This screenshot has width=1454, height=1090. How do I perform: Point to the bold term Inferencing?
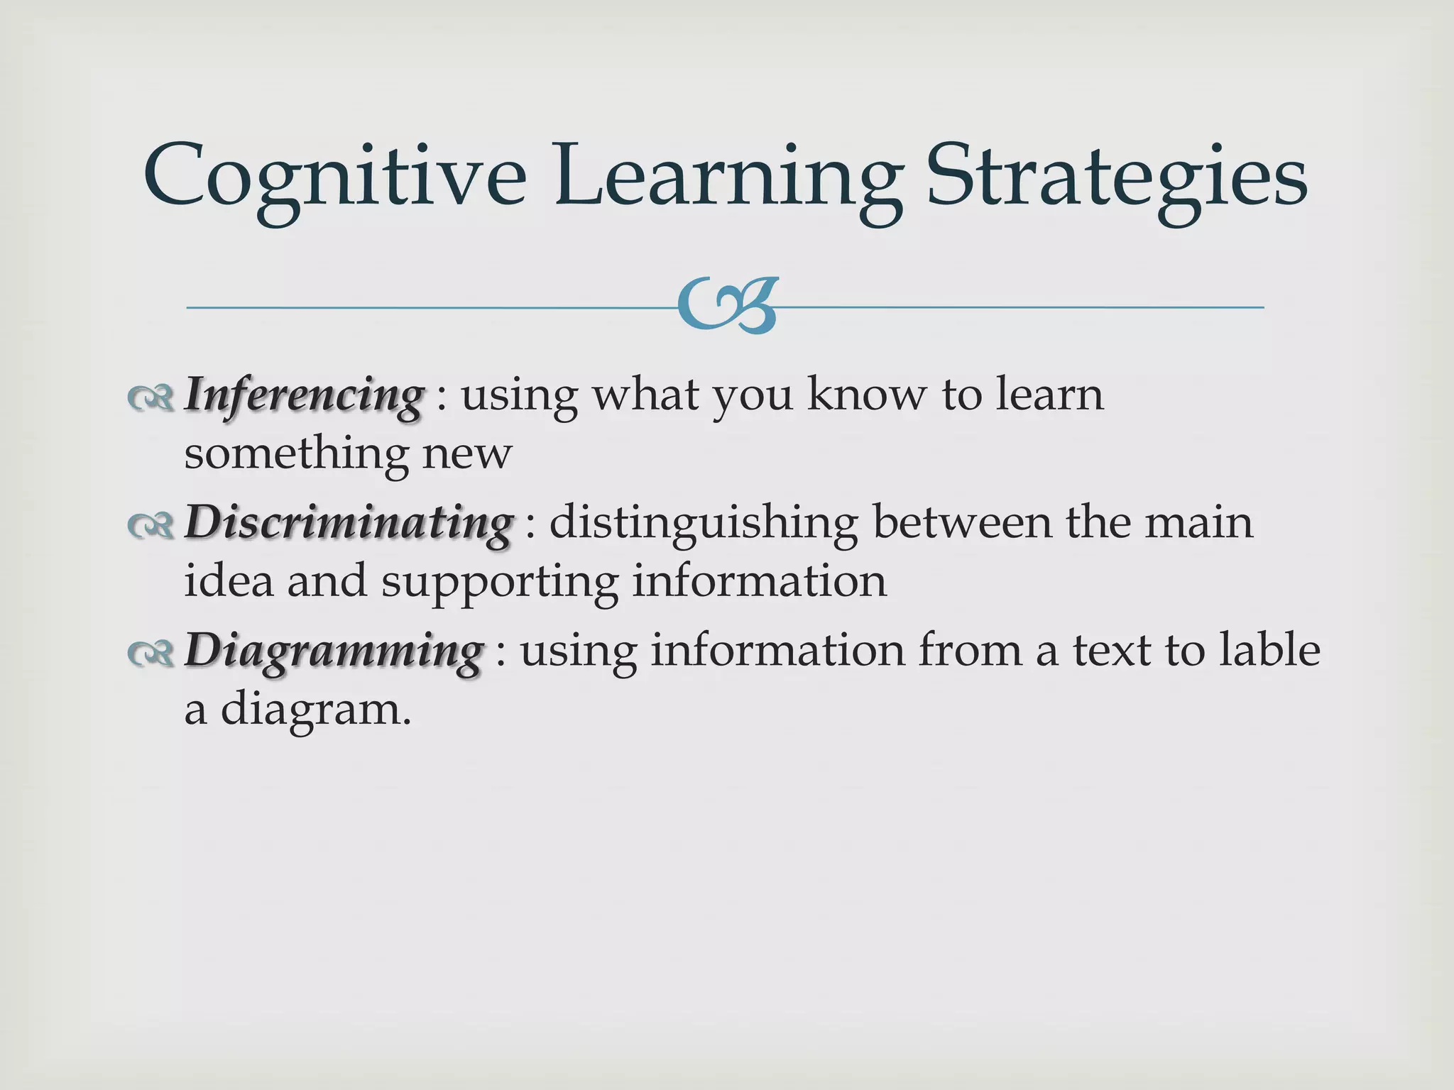coord(305,395)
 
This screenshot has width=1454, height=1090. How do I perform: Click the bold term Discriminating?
coord(349,523)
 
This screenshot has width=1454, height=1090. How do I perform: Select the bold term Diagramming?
coord(334,651)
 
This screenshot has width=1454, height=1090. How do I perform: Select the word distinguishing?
coord(703,524)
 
